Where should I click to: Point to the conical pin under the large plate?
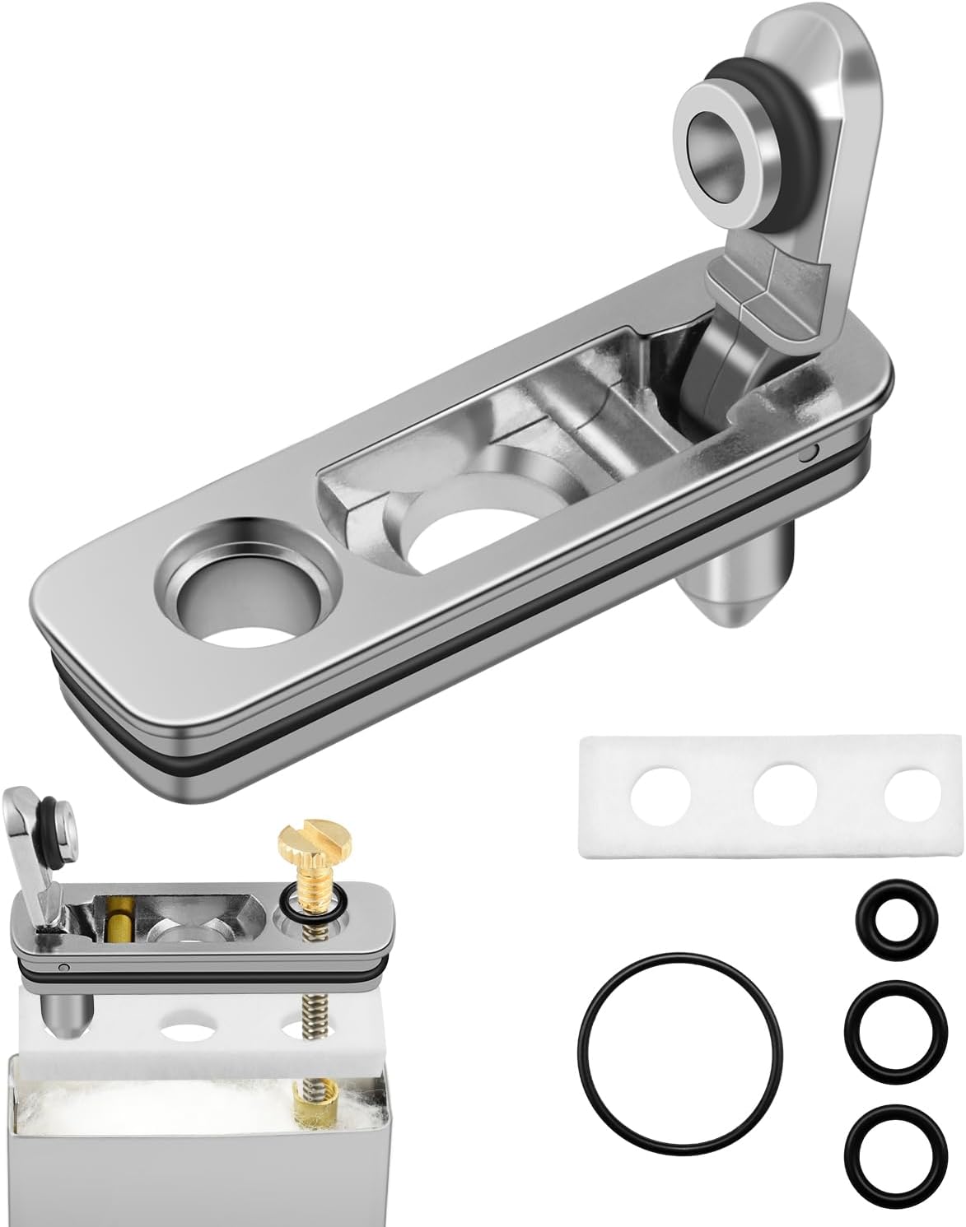(735, 590)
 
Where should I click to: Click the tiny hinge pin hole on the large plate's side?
(811, 452)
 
